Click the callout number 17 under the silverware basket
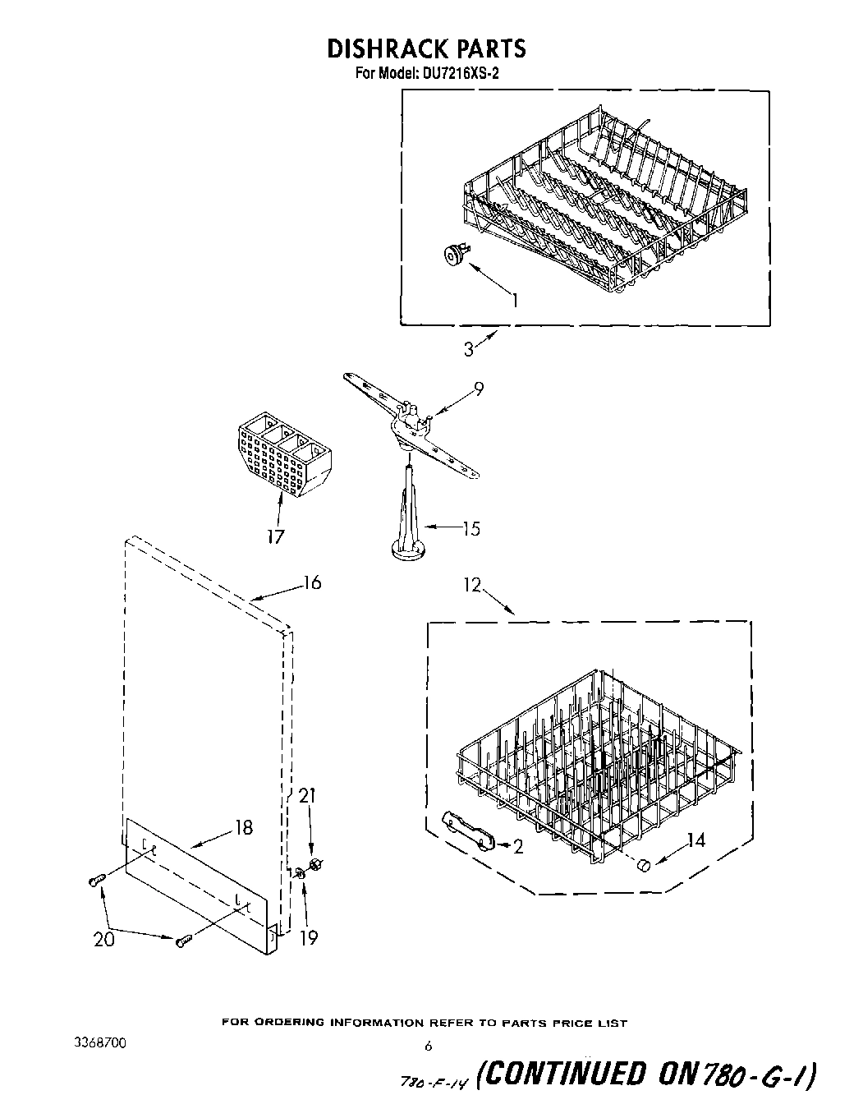[x=275, y=536]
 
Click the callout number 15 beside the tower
[x=471, y=528]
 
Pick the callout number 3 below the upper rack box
[x=468, y=349]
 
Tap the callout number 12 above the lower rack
[x=471, y=586]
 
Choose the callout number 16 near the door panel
[x=312, y=583]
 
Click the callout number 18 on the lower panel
[x=244, y=827]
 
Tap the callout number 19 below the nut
[x=309, y=937]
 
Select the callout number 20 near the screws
[x=104, y=940]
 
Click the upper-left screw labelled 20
[x=95, y=881]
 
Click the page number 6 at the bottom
[x=428, y=1047]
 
